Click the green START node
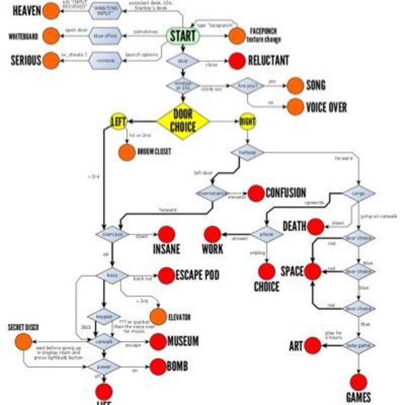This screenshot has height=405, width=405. pos(183,36)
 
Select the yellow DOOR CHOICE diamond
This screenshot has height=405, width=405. pos(183,121)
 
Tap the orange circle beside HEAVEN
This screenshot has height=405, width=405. pos(51,11)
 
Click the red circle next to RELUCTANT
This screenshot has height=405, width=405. pos(237,61)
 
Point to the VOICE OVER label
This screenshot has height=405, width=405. pos(326,107)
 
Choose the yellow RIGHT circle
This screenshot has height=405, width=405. pos(247,121)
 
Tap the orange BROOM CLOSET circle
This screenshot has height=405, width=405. pos(126,152)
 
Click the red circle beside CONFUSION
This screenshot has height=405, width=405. pos(255,193)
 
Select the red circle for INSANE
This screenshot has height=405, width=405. pos(166,234)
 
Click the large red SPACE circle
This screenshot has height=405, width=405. pos(313,271)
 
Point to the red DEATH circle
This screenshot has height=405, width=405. pos(316,226)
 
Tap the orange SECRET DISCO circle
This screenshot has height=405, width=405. pos(24,342)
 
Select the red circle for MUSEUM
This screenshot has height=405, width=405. pos(158,342)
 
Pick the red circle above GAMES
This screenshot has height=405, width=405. pos(359,382)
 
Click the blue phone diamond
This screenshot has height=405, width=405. pos(266,234)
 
